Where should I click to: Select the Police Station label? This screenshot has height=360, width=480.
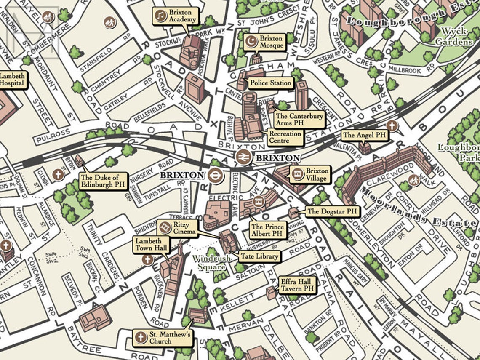pyautogui.click(x=270, y=83)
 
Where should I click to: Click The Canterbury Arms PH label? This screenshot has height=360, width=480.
pyautogui.click(x=299, y=120)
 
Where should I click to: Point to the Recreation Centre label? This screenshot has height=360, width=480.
pyautogui.click(x=285, y=137)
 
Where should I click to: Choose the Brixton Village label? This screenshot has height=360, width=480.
pyautogui.click(x=310, y=174)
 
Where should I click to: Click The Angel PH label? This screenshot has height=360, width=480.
pyautogui.click(x=364, y=135)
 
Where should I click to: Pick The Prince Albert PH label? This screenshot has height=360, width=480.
pyautogui.click(x=267, y=230)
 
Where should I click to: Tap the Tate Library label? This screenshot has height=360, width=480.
pyautogui.click(x=259, y=256)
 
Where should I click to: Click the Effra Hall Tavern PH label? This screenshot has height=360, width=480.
pyautogui.click(x=296, y=285)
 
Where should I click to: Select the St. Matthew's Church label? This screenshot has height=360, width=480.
pyautogui.click(x=163, y=338)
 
